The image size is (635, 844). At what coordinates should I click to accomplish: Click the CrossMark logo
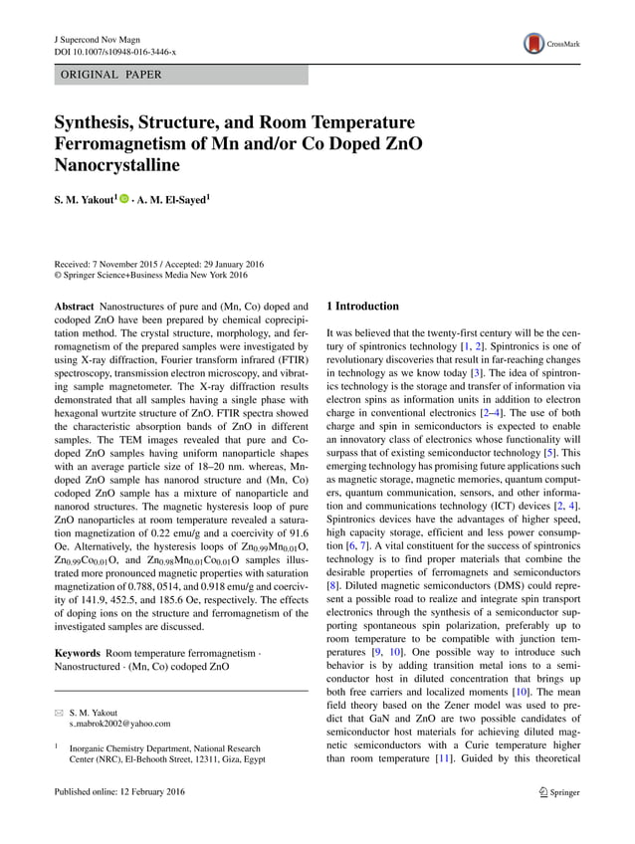click(550, 43)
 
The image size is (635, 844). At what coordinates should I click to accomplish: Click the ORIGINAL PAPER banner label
click(111, 75)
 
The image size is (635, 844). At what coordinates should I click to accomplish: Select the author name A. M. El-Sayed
click(174, 199)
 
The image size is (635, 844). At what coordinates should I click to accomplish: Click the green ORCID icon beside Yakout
click(124, 199)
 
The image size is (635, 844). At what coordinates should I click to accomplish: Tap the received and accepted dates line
click(166, 264)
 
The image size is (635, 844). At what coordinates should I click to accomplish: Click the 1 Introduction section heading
click(363, 307)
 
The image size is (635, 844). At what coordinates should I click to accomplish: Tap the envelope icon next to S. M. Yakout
click(59, 713)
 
